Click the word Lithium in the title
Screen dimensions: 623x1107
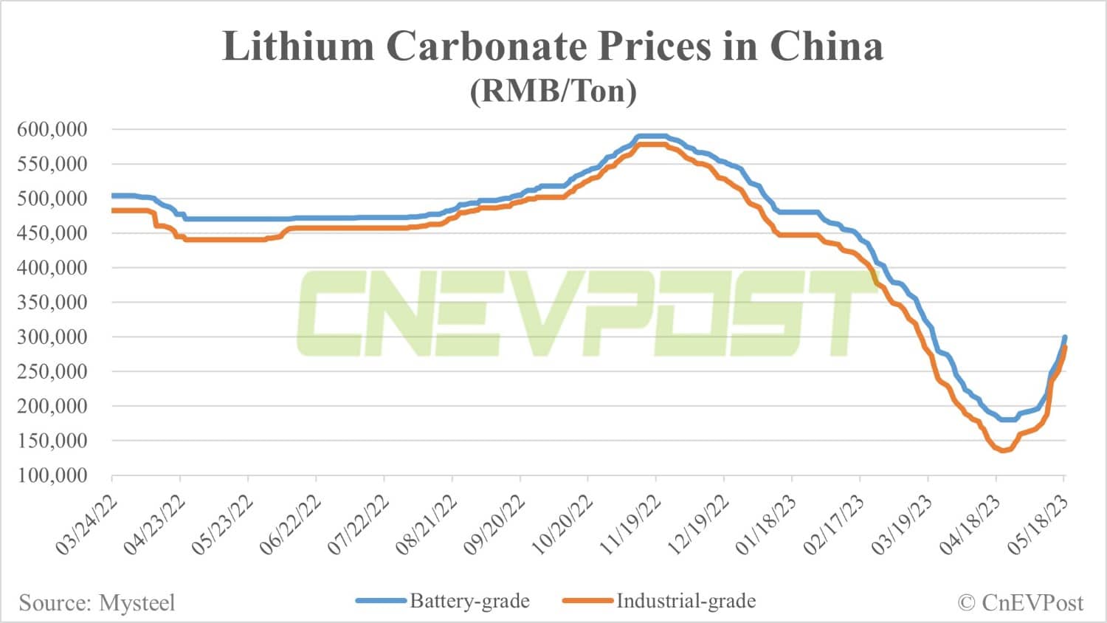pos(299,47)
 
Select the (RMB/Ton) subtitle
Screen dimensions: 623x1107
pos(553,91)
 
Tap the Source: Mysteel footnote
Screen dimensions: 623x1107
pos(97,603)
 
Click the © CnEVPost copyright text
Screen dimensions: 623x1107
pos(1021,603)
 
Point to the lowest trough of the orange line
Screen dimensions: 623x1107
pos(1002,450)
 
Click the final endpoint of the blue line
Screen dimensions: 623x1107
pos(1064,337)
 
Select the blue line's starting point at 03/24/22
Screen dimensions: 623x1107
pos(113,196)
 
